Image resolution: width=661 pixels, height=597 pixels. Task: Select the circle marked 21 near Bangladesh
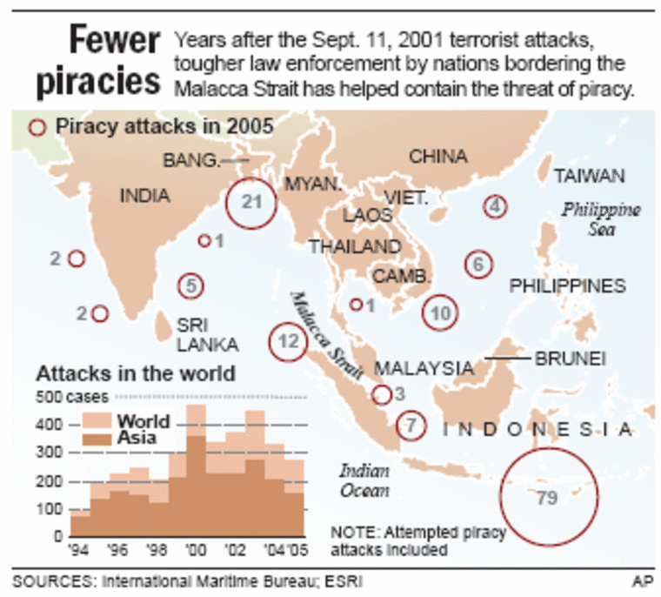click(250, 204)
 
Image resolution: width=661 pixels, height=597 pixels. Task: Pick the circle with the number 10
click(441, 313)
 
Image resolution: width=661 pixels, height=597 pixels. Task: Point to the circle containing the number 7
click(411, 426)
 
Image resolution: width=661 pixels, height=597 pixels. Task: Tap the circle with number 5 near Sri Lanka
click(191, 285)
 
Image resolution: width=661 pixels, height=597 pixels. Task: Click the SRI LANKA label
click(196, 334)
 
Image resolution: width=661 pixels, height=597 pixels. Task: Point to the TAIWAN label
click(590, 177)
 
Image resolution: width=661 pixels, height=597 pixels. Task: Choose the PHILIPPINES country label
click(567, 285)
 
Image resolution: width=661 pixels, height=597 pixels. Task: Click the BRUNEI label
click(571, 358)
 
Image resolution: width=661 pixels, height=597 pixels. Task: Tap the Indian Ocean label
click(364, 480)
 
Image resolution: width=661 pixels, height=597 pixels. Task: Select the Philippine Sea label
click(600, 219)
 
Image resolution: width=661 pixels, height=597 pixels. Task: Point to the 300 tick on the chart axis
click(54, 453)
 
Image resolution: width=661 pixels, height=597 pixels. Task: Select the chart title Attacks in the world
click(136, 374)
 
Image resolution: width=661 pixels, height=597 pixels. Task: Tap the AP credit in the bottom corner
click(642, 580)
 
